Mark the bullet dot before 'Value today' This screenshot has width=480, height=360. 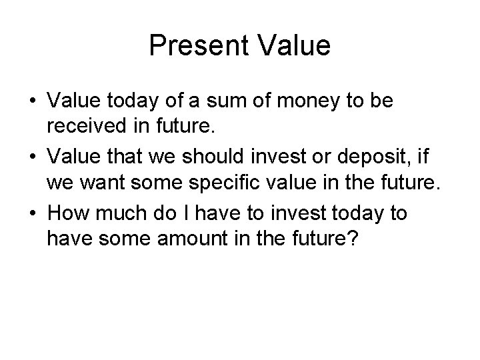[33, 102]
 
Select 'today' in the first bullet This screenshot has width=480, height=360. [133, 101]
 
